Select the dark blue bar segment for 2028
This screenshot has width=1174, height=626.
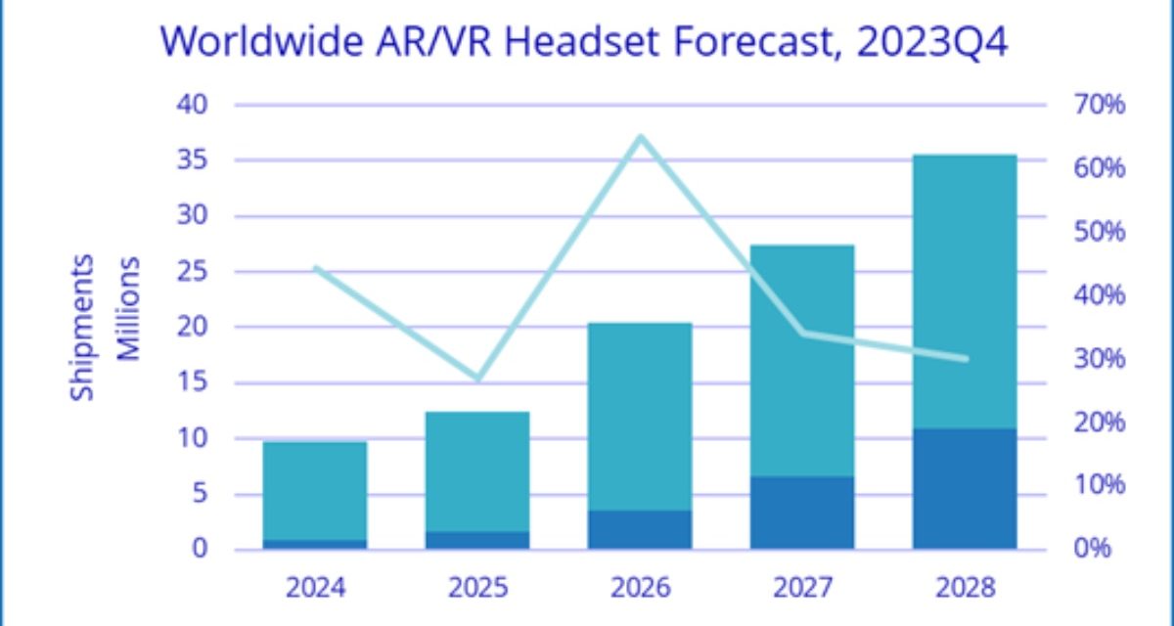965,488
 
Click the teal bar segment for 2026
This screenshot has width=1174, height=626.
641,417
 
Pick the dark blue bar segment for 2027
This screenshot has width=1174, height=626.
802,513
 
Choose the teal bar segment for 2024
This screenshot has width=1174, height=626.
315,490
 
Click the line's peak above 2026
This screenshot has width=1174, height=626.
641,137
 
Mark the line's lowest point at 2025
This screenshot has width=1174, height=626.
478,379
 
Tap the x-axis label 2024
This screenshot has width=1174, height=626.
315,588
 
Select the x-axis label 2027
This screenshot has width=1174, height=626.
802,588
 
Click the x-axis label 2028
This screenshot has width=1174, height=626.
965,588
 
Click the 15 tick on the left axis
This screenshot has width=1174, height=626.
192,382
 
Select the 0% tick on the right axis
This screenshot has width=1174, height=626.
1093,549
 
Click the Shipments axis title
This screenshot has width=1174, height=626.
84,327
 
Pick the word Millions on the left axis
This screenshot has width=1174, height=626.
128,308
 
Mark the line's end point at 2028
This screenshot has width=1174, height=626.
965,359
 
